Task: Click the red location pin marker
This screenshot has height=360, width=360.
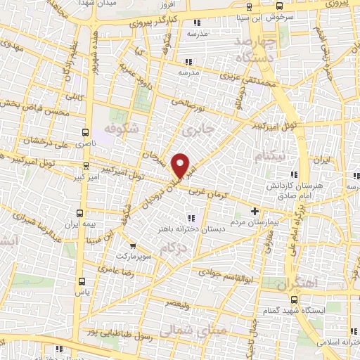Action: click(181, 165)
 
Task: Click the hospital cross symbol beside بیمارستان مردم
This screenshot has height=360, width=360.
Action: click(255, 211)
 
